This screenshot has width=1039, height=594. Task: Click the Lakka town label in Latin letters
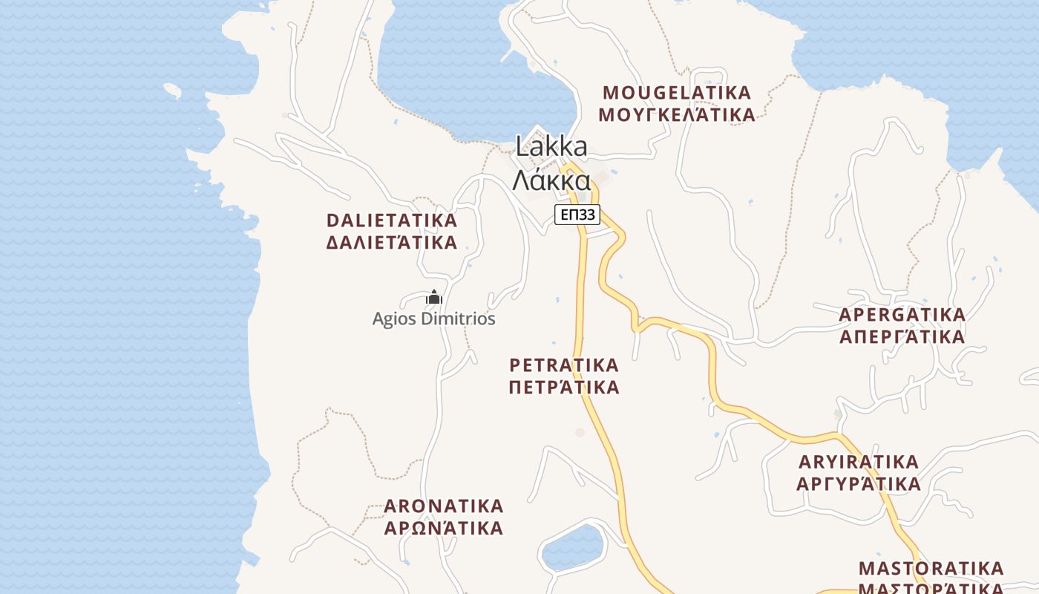[x=551, y=147]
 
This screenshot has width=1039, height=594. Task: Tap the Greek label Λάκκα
[x=551, y=180]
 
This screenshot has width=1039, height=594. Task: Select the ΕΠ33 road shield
[x=577, y=215]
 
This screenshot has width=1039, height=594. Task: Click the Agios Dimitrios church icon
[x=434, y=298]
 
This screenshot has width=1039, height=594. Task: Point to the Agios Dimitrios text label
[x=433, y=319]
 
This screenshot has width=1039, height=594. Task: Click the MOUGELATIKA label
[x=677, y=93]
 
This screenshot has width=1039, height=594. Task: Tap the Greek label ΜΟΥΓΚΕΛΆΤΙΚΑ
[x=677, y=115]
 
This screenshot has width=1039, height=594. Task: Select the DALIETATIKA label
[x=392, y=221]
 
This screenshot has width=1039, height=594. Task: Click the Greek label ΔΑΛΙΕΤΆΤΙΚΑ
[x=392, y=243]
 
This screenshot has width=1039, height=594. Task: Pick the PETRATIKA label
[x=564, y=365]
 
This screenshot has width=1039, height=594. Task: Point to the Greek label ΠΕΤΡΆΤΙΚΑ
[x=564, y=388]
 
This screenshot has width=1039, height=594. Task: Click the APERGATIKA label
[x=902, y=315]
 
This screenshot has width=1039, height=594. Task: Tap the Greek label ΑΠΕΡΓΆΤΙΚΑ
[x=902, y=337]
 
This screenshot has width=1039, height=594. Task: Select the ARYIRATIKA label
[x=859, y=462]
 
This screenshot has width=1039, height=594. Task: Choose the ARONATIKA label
[x=444, y=506]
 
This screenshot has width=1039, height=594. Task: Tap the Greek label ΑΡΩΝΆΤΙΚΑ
[x=444, y=529]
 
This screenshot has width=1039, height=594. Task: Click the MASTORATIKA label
[x=931, y=569]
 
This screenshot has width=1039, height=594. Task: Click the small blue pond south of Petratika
[x=572, y=547]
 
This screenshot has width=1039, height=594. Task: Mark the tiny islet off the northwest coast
[x=172, y=91]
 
